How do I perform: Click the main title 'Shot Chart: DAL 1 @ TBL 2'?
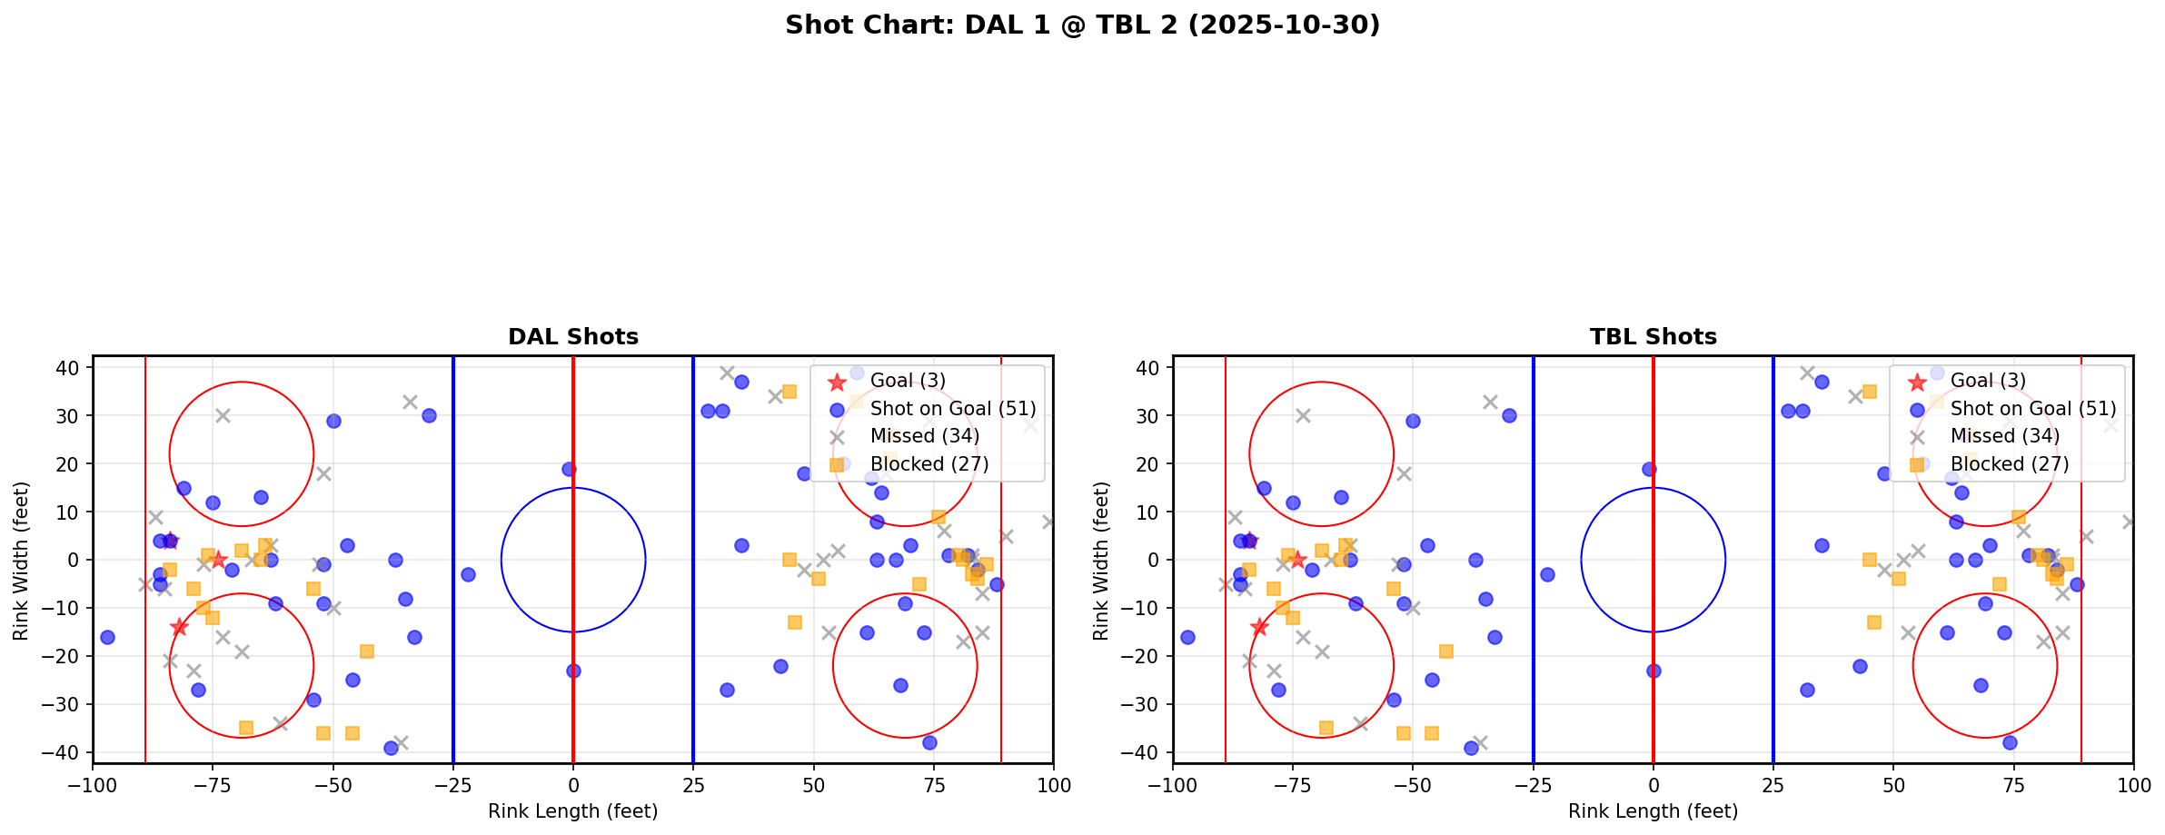tap(1082, 25)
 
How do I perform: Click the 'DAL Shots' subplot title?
tap(572, 337)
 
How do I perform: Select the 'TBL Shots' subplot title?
tap(1653, 337)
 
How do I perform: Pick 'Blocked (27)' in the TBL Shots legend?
tap(2010, 464)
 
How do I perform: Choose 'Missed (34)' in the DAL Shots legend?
tap(924, 436)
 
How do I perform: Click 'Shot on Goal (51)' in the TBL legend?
tap(2033, 409)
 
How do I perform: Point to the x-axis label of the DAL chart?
tap(572, 811)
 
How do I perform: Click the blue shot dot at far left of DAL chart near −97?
tap(107, 637)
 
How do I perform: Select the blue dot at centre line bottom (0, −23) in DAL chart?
tap(573, 671)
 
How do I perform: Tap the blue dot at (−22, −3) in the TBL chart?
tap(1547, 574)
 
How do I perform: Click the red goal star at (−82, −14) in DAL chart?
tap(179, 627)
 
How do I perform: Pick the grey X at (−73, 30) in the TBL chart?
tap(1303, 415)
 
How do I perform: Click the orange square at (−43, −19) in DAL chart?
tap(367, 651)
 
